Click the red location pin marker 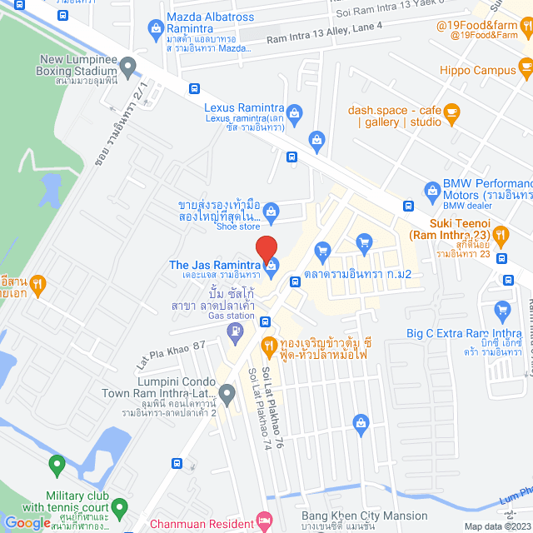tap(266, 249)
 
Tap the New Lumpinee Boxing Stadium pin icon tap(127, 65)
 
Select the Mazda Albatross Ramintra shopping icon tap(155, 28)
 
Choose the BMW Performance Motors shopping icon tap(431, 189)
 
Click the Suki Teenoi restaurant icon tap(501, 236)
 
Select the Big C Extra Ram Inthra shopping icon tap(501, 311)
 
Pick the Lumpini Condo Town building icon tap(227, 392)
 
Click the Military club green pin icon tap(57, 463)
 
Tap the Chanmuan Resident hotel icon tap(265, 523)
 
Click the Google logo tap(27, 522)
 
